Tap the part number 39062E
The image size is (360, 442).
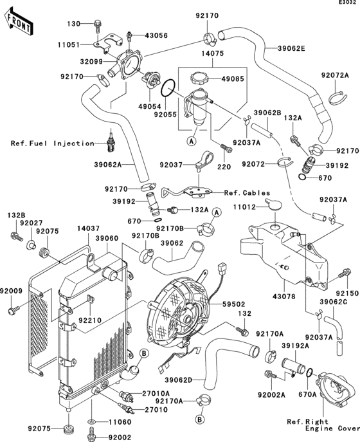pyautogui.click(x=292, y=48)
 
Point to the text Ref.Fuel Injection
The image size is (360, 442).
pyautogui.click(x=52, y=143)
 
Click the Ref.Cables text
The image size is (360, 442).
pyautogui.click(x=247, y=192)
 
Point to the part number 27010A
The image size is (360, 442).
pyautogui.click(x=156, y=392)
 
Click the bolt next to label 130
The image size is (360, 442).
pyautogui.click(x=97, y=24)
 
